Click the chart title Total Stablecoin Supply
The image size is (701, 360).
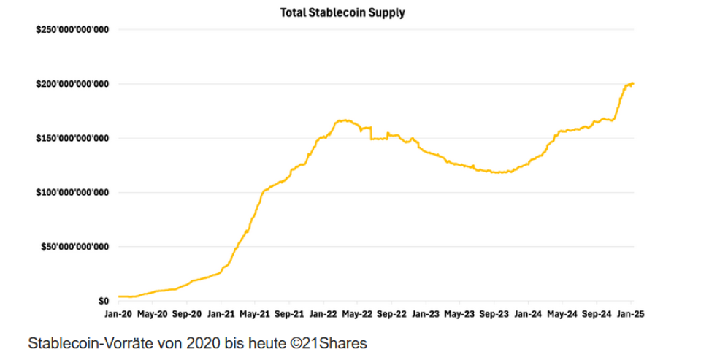point(342,12)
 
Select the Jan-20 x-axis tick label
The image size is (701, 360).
point(118,314)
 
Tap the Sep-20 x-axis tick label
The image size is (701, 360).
point(186,314)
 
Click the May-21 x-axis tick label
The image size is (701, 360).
point(255,314)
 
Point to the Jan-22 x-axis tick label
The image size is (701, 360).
point(323,314)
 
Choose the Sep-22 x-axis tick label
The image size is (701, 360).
point(391,314)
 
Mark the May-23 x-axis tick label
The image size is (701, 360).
point(459,314)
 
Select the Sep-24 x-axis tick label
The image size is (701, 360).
point(596,314)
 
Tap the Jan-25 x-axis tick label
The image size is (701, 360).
point(632,314)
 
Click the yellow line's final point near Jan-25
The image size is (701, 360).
point(632,83)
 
